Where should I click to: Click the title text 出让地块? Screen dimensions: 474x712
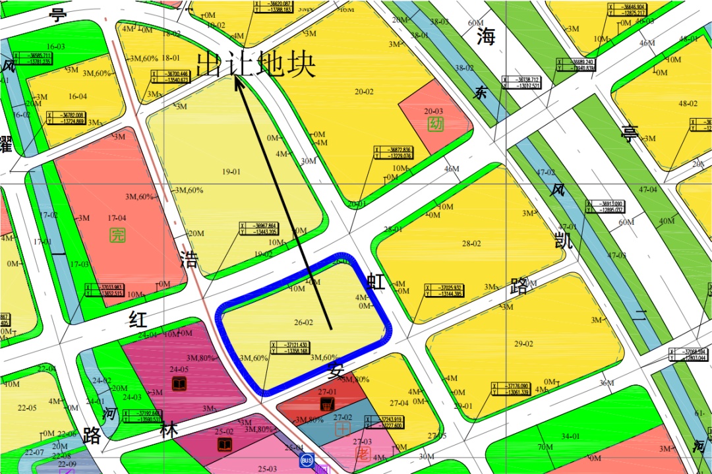coord(256,64)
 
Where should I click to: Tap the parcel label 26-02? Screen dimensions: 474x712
coord(303,322)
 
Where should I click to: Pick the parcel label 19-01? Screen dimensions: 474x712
coord(231,172)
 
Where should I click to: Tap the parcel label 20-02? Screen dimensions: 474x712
coord(364,92)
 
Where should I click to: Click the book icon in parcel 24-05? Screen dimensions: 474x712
coord(179,384)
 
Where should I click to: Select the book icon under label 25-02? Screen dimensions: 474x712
coord(225,445)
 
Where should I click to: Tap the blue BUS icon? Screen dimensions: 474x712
coord(307,459)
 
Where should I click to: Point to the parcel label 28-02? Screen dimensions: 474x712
coord(471,243)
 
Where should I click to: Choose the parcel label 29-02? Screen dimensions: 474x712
coord(523,343)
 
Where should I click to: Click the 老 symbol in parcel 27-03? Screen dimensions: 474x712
coord(362,454)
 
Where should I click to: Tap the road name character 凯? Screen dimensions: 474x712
coord(563,241)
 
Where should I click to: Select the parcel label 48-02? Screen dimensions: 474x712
coord(688,104)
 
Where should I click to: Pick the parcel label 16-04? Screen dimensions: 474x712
coord(78,97)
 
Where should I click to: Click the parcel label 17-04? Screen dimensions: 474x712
coord(117,218)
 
